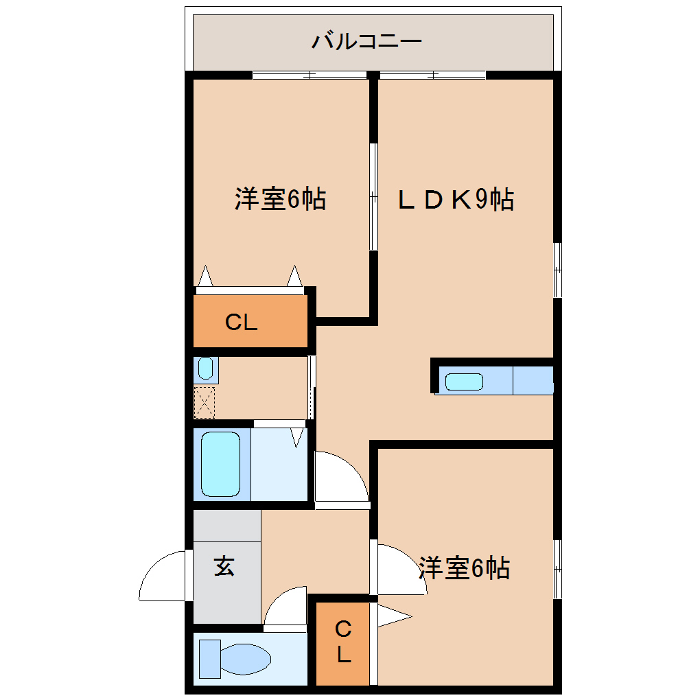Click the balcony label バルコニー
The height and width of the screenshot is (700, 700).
coord(366,42)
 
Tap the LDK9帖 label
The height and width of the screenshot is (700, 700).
coord(456,200)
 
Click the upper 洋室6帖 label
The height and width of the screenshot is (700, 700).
coord(280,200)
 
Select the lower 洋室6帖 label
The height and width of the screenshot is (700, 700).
coord(464,568)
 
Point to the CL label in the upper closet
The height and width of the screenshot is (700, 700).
coord(242,323)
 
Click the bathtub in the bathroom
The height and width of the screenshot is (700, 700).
coord(220,464)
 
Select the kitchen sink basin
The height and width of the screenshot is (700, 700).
coord(464,382)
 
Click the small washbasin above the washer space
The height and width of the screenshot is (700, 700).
coord(205,369)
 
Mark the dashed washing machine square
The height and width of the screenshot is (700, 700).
coord(205,402)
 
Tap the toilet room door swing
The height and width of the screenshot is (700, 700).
coord(285,607)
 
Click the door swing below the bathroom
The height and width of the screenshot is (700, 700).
coord(340,476)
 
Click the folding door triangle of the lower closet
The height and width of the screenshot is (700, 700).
coord(391,616)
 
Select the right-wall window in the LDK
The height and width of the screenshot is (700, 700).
coord(558,270)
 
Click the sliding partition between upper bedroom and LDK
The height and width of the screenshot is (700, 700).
coord(374,197)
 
